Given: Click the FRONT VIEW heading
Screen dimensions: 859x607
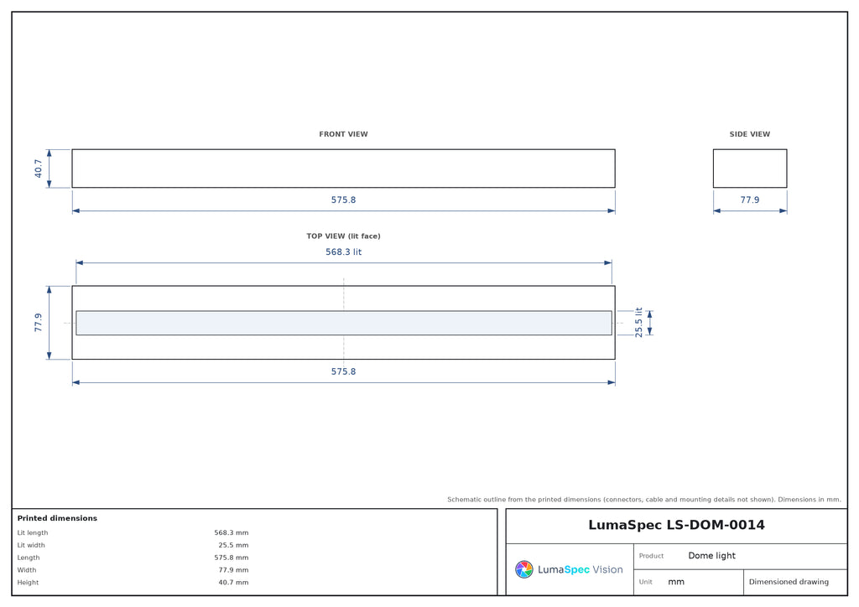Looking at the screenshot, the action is click(343, 134).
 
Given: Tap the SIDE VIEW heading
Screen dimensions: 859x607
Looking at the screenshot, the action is click(749, 134).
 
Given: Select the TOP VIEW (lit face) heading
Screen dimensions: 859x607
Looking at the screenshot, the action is click(343, 236).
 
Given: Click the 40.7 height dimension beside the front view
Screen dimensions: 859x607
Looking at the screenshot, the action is click(39, 169).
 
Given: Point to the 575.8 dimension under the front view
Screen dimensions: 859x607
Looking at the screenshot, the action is click(343, 200).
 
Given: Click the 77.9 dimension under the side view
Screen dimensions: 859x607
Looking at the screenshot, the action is click(750, 200).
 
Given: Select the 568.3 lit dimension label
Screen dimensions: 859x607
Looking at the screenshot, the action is click(343, 252).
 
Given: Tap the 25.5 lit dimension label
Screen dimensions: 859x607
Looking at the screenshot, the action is click(638, 323).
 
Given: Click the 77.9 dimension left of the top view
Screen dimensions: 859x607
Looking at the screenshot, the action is click(39, 323).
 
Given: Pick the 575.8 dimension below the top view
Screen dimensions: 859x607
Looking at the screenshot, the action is click(343, 371).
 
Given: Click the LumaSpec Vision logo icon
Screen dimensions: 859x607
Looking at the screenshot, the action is click(524, 569).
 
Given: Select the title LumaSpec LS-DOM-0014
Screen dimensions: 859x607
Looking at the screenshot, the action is click(677, 525).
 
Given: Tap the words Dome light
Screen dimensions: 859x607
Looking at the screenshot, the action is click(711, 556).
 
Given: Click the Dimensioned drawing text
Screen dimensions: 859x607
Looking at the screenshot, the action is click(789, 582).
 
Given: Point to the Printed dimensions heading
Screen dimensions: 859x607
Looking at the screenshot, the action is click(57, 518).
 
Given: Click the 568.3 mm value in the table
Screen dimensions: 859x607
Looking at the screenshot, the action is click(232, 532).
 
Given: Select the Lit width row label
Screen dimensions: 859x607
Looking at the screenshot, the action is click(31, 545).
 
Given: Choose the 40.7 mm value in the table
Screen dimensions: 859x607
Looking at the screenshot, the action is click(233, 583).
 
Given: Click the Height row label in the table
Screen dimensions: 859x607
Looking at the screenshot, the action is click(28, 583).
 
